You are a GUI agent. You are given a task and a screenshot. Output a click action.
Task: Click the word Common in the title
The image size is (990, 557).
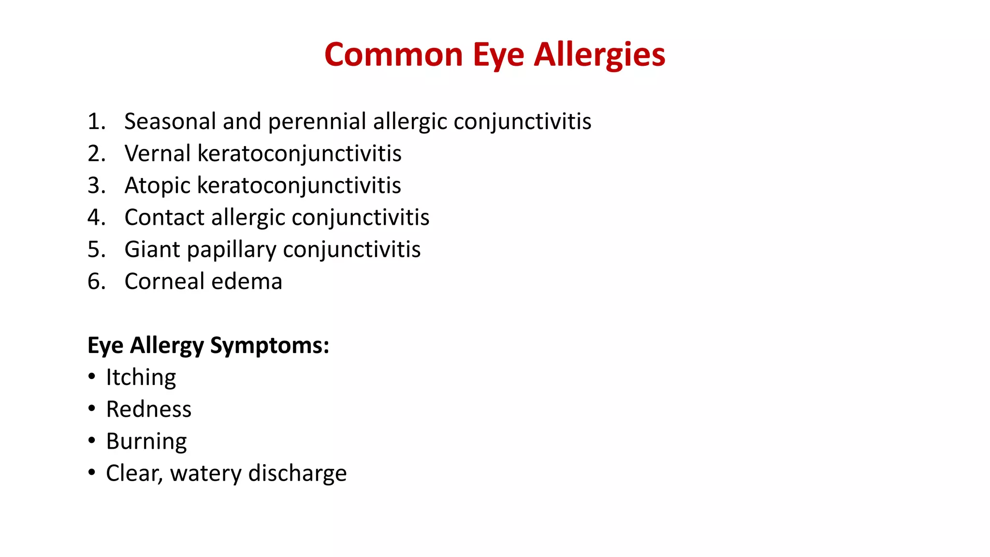point(393,54)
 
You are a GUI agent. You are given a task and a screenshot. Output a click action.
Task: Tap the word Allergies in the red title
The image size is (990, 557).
point(599,54)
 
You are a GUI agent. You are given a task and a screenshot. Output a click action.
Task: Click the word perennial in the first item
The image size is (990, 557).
point(317,121)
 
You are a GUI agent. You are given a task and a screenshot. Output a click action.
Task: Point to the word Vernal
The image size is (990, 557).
point(157,154)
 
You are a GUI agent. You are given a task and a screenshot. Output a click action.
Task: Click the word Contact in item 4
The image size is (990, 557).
point(164,218)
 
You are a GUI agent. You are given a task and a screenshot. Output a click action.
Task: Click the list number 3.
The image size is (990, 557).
point(95,186)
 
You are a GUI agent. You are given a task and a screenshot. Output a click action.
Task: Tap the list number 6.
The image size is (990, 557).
point(95,281)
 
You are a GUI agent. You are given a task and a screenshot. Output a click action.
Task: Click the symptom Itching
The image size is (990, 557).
point(141,378)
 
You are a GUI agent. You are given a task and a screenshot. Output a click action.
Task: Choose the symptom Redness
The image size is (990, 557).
point(148,410)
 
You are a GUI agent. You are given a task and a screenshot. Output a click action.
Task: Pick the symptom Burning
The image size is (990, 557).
point(146,441)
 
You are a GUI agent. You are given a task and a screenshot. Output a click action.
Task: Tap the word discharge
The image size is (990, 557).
point(297,473)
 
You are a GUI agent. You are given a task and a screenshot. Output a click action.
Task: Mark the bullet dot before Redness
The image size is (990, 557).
point(92,409)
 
